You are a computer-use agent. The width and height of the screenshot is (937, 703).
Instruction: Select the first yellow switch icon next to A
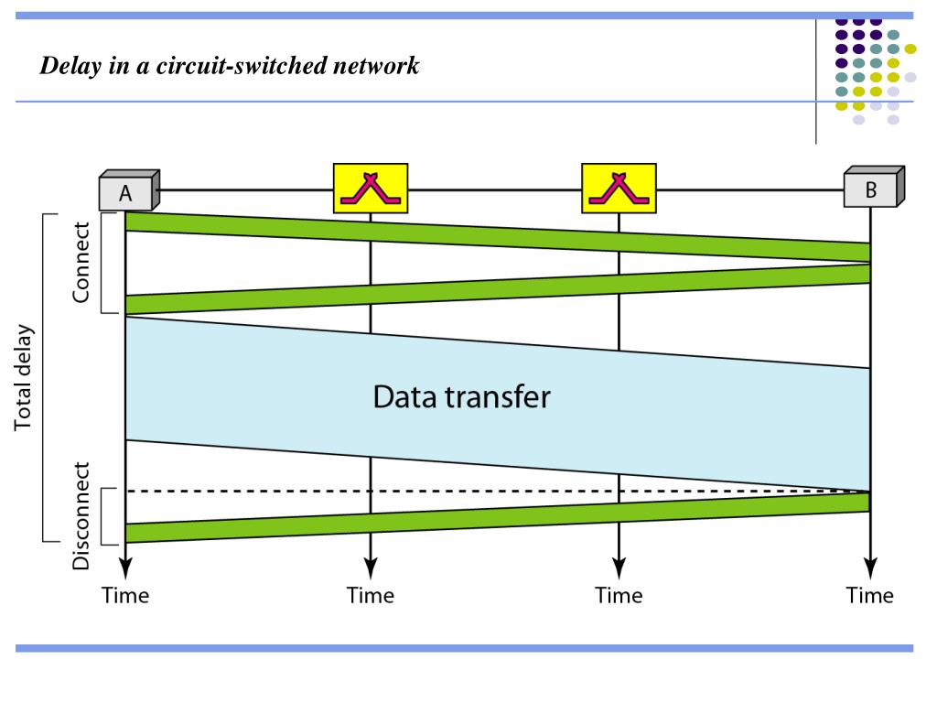point(371,189)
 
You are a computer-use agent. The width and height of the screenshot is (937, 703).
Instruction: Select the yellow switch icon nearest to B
point(619,189)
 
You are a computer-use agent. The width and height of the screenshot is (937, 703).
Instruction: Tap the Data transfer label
point(461,397)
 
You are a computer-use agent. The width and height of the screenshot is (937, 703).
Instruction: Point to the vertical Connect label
point(82,262)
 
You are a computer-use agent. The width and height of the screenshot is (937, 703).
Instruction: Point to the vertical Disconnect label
point(82,516)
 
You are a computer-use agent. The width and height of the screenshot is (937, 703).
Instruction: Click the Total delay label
point(24,376)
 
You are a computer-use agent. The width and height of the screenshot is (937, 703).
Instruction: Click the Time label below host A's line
point(125,596)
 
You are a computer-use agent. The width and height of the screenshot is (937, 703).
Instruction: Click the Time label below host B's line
point(870,596)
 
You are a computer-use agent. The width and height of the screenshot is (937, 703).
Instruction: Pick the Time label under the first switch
point(371,596)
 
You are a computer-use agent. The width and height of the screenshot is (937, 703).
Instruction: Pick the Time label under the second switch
point(619,596)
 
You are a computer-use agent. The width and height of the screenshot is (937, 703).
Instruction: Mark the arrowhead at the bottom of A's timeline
point(125,565)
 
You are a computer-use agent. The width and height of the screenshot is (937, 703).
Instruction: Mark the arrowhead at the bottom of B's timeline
point(870,565)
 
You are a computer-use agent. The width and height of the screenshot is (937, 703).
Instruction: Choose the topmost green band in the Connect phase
point(494,233)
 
